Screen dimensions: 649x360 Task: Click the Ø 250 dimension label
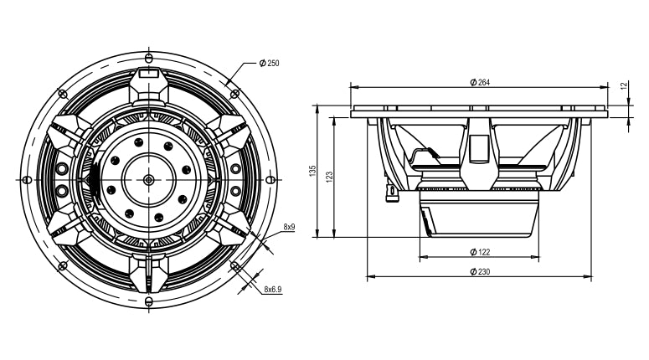[269, 64]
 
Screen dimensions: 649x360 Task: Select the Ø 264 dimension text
[480, 82]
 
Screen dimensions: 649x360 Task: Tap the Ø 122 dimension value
[480, 252]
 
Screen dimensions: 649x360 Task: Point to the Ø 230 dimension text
[480, 272]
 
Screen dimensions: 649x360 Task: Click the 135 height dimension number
[313, 171]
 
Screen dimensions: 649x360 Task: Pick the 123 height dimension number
[329, 177]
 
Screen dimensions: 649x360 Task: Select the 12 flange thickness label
[625, 86]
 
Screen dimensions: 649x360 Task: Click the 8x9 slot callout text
[289, 227]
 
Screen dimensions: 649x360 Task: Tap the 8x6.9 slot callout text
[273, 289]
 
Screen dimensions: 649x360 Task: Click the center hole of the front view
[148, 180]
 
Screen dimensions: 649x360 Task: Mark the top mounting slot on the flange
[149, 57]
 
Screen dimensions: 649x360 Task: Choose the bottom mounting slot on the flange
[149, 301]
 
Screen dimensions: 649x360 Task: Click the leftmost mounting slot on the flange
[27, 180]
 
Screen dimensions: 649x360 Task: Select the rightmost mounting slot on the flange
[270, 180]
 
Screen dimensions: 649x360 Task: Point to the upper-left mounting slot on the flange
[63, 94]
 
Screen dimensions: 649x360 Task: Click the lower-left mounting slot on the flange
[63, 266]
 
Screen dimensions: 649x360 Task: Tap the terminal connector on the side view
[391, 192]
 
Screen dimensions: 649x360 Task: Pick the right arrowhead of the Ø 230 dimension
[588, 277]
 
